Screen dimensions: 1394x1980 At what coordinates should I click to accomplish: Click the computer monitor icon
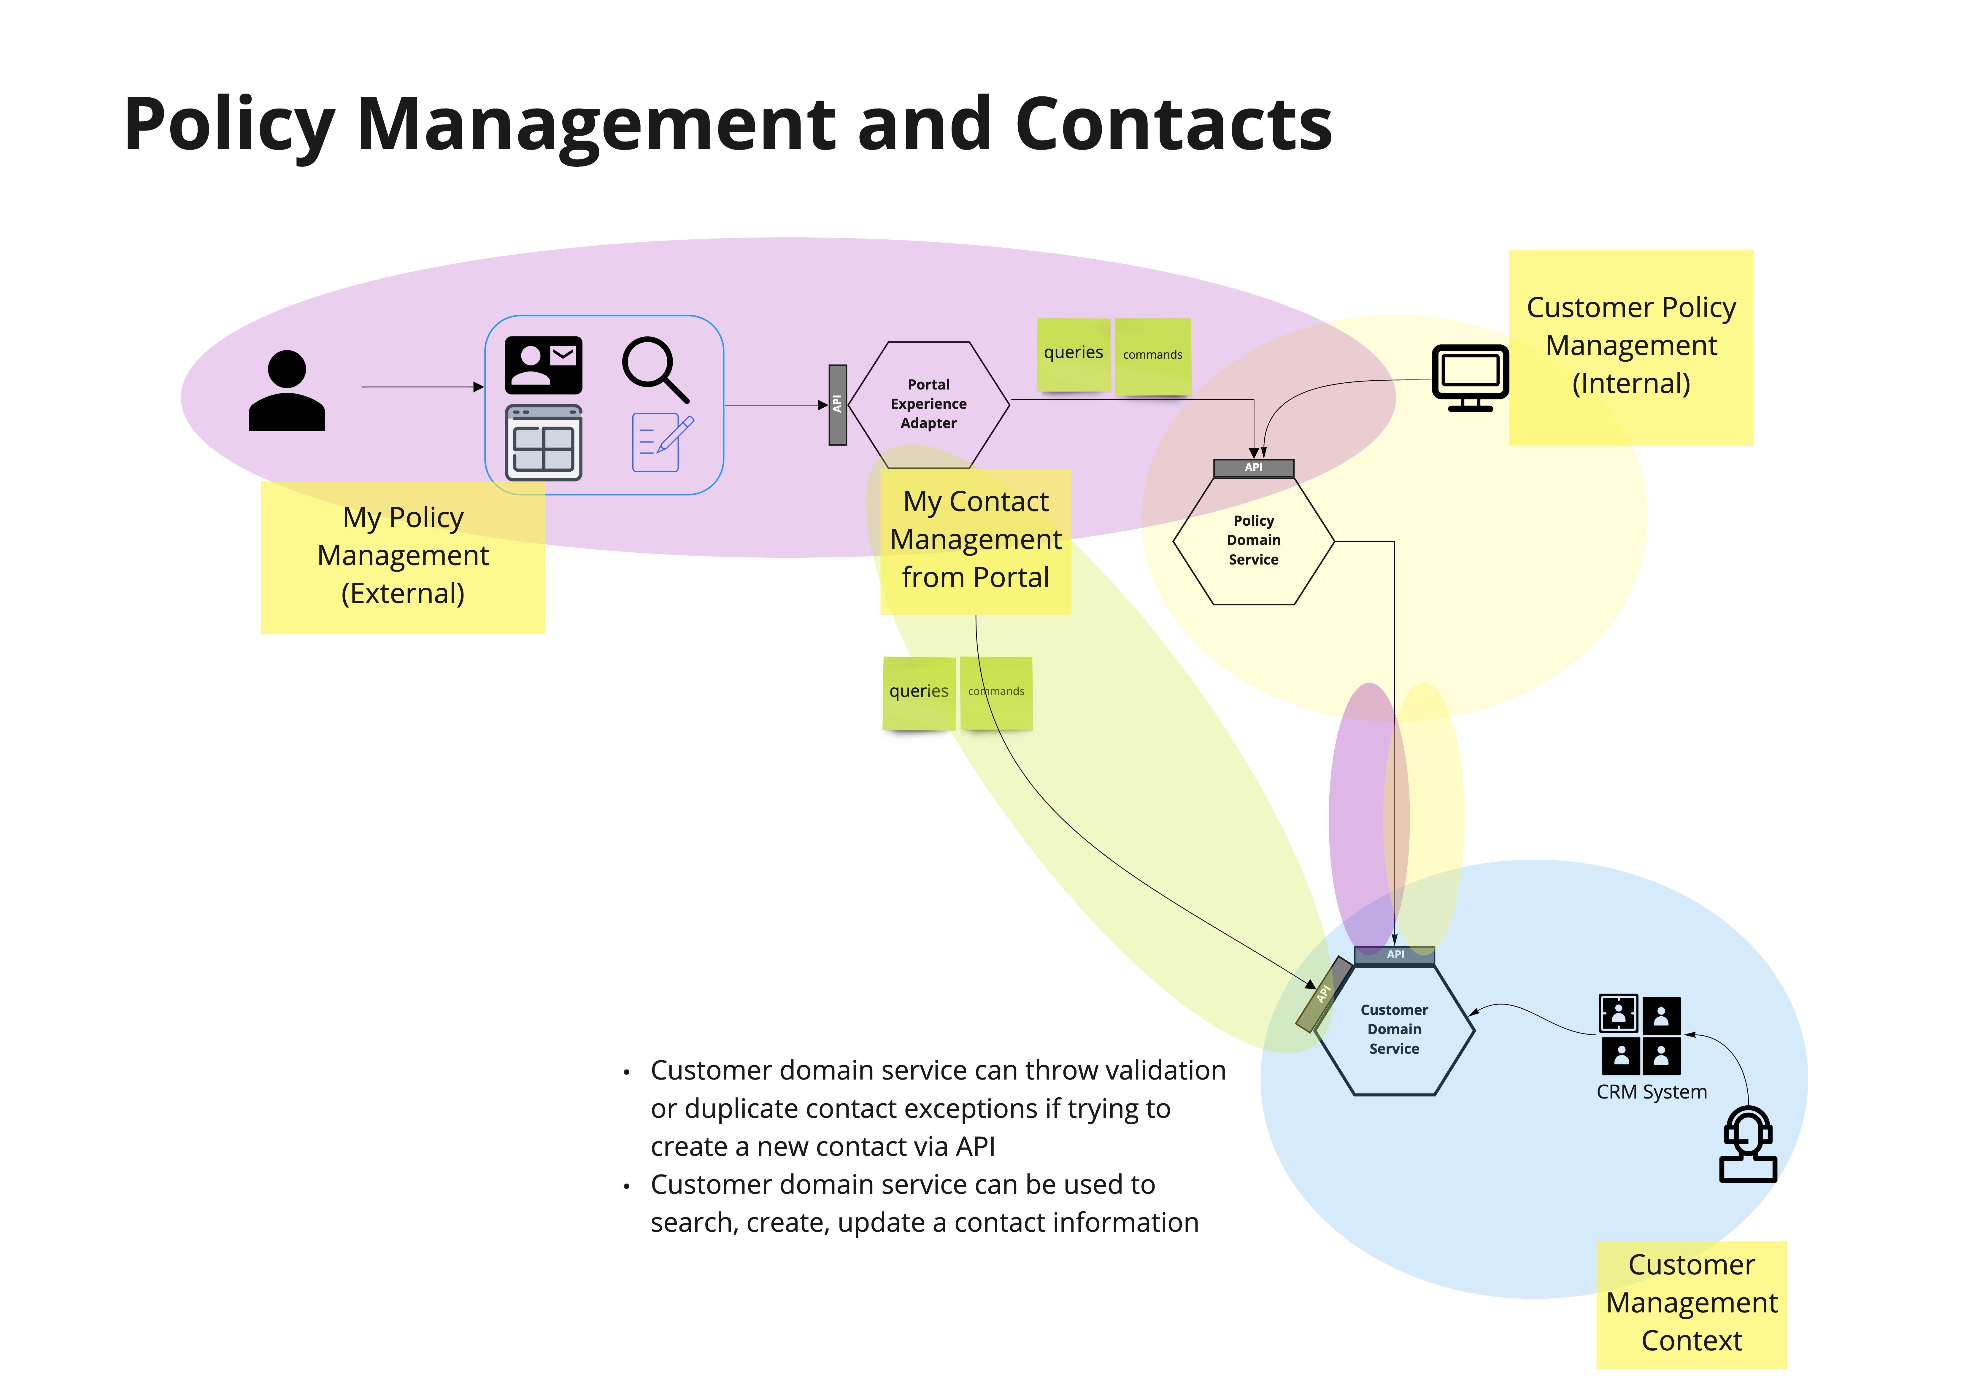click(1470, 378)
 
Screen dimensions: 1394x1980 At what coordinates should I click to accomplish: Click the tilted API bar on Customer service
click(1324, 994)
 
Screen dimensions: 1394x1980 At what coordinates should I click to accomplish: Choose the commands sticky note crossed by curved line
click(996, 692)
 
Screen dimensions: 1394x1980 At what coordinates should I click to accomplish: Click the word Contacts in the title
click(1174, 125)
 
